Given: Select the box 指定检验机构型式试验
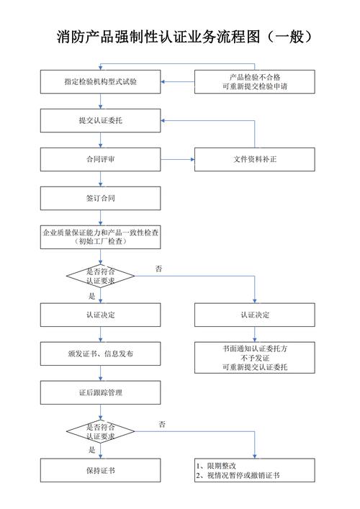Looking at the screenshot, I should (100, 82).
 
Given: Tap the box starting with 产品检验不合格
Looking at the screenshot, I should (254, 82).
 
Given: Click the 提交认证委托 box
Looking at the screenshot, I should (100, 120).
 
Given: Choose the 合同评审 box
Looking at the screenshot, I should (100, 159).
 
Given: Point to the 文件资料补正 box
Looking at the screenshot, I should (254, 159).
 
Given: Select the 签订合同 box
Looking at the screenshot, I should (100, 198).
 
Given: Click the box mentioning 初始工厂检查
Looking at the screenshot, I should (100, 237).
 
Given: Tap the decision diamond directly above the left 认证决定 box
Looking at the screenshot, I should (100, 276).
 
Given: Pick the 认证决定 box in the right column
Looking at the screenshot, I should (254, 315).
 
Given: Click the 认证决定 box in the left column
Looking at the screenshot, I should (100, 315).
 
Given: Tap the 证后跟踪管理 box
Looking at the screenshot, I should (100, 392).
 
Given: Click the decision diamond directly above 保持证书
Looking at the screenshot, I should (100, 431).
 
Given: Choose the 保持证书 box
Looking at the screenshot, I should (100, 471).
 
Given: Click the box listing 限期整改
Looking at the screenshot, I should (254, 471).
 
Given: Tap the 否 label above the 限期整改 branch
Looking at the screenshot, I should (162, 425).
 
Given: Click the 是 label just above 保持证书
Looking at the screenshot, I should (91, 450).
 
